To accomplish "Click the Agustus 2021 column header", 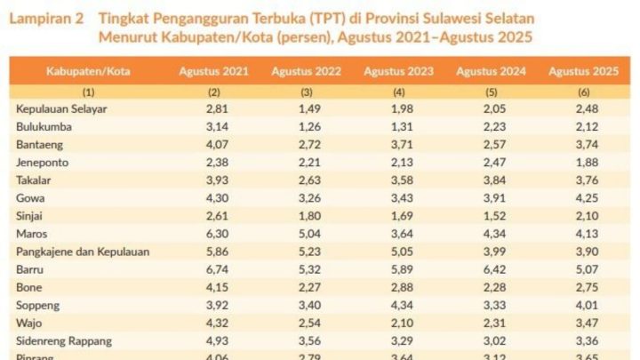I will (x=213, y=71).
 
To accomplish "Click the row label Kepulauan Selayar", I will (x=60, y=108).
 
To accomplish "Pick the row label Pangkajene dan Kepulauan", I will (x=83, y=252).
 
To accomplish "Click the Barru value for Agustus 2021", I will (x=213, y=269).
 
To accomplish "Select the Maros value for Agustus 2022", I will (x=307, y=234).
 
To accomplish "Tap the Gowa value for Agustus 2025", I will (x=584, y=197).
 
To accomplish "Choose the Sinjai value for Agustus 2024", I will (x=492, y=215).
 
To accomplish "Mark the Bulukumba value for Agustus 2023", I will (x=399, y=126).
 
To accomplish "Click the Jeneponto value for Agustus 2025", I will (x=584, y=162).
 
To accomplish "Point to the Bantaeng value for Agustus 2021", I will (x=213, y=144).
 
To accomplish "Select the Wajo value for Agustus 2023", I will (x=399, y=323).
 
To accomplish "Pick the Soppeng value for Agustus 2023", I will (x=399, y=305).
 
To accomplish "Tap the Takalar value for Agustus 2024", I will (x=492, y=180).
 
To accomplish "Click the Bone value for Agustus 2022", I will (x=307, y=287).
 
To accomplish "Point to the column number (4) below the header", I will (x=399, y=92).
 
